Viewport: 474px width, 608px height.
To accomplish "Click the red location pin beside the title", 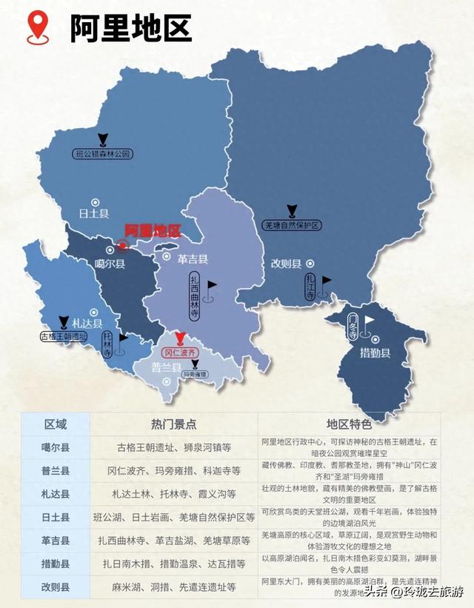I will click(x=39, y=27).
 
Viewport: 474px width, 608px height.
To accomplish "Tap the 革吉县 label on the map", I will click(x=193, y=259).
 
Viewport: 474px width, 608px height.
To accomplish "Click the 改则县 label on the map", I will click(x=286, y=264).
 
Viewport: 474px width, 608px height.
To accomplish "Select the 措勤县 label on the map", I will click(x=375, y=353).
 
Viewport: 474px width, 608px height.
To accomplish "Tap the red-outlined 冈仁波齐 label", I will click(x=179, y=353).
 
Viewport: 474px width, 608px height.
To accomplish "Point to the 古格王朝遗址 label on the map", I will click(x=69, y=336).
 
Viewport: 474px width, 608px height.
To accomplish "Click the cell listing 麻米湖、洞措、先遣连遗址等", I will click(x=173, y=587).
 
